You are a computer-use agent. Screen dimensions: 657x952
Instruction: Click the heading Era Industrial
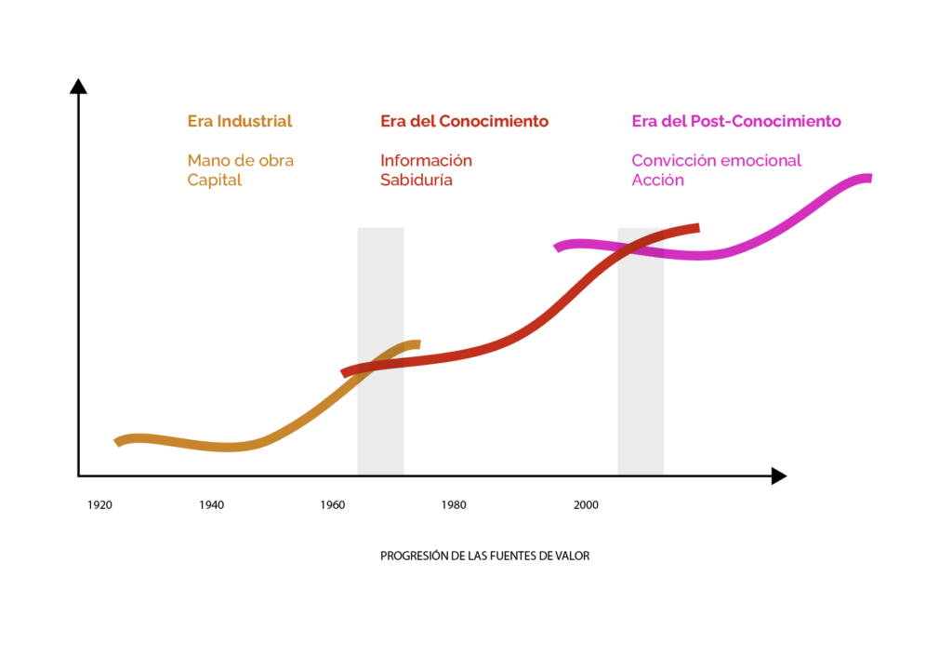(x=240, y=121)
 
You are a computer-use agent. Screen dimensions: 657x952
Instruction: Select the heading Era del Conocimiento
(x=464, y=121)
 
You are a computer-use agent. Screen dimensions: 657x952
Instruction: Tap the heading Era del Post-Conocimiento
(x=735, y=121)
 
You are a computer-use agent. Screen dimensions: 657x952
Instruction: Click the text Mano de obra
(x=240, y=160)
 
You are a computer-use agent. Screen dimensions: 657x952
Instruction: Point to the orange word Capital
(x=214, y=180)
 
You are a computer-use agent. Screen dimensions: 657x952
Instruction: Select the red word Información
(x=426, y=160)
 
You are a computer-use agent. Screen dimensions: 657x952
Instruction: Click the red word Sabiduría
(x=416, y=180)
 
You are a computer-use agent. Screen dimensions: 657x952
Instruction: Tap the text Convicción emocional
(x=716, y=160)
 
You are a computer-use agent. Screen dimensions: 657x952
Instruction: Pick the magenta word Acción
(x=657, y=180)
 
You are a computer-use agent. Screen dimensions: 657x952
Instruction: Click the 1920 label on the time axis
(x=99, y=505)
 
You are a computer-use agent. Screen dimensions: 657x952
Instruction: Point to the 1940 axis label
(x=211, y=505)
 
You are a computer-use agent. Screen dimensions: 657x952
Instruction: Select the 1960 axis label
(x=332, y=505)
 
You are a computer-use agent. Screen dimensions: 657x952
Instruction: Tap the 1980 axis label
(x=454, y=505)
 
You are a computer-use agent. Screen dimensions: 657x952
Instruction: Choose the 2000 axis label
(x=586, y=505)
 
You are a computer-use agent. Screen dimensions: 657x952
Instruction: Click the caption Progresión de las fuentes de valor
(x=484, y=556)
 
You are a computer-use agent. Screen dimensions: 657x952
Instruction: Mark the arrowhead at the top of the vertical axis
(x=79, y=87)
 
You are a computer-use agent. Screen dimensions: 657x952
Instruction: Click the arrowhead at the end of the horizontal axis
(x=778, y=476)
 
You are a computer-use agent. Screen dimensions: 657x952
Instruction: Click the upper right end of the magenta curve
(x=867, y=178)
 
